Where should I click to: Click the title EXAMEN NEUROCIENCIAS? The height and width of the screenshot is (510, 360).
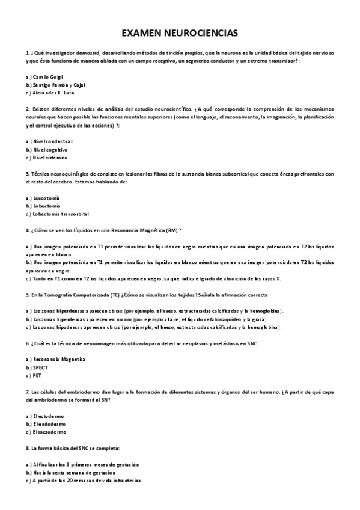(180, 34)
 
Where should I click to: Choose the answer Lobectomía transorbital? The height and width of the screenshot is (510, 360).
(61, 214)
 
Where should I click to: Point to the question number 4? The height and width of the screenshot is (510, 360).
(28, 230)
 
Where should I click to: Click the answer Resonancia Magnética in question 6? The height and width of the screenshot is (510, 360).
(59, 359)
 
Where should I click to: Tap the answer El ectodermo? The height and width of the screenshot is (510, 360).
(49, 416)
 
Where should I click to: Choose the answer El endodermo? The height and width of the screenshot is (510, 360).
(49, 423)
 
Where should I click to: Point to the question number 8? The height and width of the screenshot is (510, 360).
(28, 448)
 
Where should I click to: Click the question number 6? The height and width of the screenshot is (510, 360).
(28, 343)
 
